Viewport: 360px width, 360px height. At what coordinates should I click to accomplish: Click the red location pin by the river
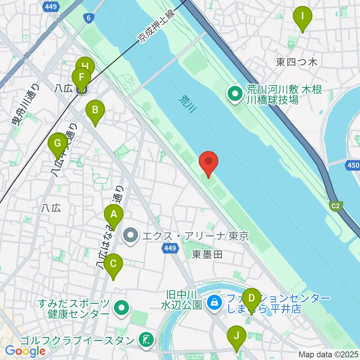pos(208,162)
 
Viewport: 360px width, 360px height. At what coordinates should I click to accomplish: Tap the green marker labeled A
pos(114,215)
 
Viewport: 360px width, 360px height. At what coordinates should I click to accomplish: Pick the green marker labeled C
pos(113,265)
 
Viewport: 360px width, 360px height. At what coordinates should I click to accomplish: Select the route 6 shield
pos(88,18)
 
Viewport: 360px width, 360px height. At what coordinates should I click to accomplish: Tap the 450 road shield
pos(354,165)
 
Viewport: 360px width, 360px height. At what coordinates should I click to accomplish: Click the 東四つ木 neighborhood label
pos(296,62)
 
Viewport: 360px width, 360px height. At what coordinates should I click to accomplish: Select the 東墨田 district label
pos(207,255)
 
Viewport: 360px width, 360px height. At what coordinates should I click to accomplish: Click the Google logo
pos(25,351)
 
